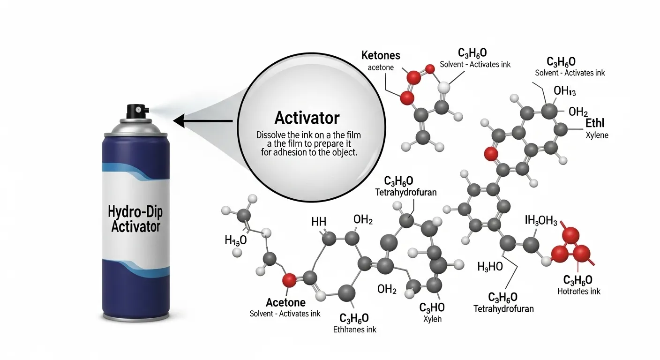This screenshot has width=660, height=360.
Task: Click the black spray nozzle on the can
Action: pos(136,111)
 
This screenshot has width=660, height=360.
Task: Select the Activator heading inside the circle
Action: pos(307,118)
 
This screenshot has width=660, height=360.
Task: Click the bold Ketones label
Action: pos(381,55)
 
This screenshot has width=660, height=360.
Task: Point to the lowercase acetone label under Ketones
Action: pos(381,67)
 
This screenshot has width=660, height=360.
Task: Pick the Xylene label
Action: pos(596,135)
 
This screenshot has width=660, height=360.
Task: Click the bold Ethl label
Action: pos(595,124)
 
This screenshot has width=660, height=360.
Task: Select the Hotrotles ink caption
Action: pos(578,291)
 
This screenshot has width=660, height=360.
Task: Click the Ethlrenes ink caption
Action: pos(354,329)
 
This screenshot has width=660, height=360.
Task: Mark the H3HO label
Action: pos(490,267)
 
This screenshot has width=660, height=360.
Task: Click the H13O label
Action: pos(235,240)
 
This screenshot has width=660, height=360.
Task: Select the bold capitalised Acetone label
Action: pos(285,302)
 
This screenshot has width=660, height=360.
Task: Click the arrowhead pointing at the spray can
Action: pos(179,121)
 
